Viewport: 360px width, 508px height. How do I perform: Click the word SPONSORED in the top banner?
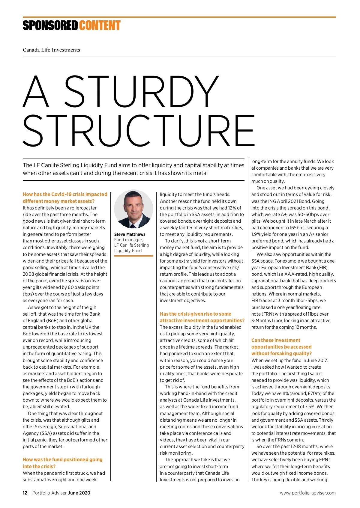50,26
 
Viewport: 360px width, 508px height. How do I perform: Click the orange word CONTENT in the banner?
100,26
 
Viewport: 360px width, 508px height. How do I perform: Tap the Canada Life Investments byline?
51,50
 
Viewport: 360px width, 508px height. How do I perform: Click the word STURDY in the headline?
141,91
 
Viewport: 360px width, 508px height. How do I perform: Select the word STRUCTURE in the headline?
139,131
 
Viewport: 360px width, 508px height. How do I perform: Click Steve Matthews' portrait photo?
133,209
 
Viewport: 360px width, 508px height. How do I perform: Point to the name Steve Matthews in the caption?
130,234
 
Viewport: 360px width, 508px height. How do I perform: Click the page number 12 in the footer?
25,493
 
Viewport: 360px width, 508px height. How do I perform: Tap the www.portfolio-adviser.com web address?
308,493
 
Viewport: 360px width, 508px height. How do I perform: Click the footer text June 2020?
79,493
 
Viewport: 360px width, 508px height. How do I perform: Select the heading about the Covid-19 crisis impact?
65,198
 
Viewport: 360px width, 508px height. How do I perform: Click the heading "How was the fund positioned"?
62,463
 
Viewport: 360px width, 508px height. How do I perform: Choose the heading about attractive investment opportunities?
202,317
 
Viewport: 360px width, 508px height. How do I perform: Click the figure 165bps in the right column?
297,228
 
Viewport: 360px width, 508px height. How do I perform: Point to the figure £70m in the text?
313,394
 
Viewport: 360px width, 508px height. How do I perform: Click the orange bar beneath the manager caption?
133,256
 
